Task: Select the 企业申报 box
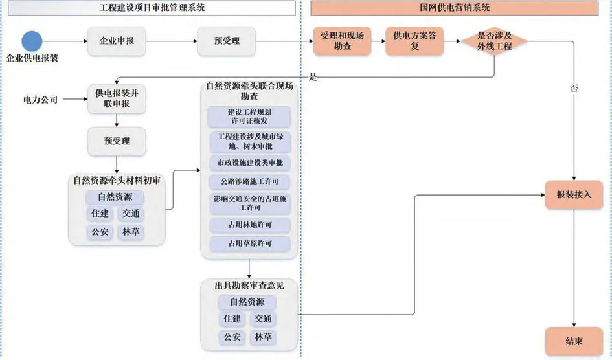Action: pos(117,41)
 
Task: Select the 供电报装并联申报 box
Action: pos(117,99)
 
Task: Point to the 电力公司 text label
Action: pos(40,100)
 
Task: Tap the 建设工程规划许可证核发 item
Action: pos(249,116)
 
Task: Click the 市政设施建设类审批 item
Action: pos(249,163)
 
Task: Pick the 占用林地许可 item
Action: pos(249,225)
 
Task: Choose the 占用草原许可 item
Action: pos(249,244)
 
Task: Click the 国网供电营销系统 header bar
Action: pos(454,8)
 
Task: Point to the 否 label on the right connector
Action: pos(574,87)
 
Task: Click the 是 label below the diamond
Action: pos(313,77)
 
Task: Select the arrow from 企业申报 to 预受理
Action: pos(172,41)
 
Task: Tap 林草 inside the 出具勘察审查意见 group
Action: pos(263,337)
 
